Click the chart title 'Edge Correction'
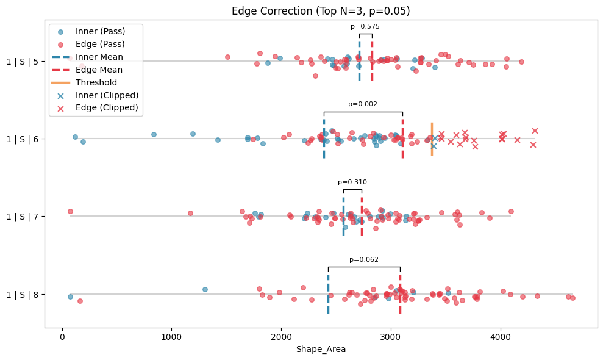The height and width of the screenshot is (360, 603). coord(321,11)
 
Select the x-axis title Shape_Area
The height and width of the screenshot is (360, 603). coord(321,349)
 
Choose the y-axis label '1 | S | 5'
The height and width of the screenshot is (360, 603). coord(22,61)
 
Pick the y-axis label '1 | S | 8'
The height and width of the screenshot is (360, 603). coord(22,294)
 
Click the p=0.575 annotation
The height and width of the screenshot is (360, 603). coord(365,26)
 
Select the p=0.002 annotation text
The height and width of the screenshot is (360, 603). coord(363,104)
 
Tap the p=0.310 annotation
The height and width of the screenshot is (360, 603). coord(352,182)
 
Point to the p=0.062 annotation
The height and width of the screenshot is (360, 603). coord(364,259)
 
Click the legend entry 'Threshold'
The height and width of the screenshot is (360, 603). coord(96,82)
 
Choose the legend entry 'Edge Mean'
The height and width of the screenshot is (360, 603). coord(99,70)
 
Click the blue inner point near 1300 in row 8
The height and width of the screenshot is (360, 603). coord(205,289)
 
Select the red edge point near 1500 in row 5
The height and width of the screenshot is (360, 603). coord(227,57)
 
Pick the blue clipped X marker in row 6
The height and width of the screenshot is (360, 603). coord(434,145)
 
